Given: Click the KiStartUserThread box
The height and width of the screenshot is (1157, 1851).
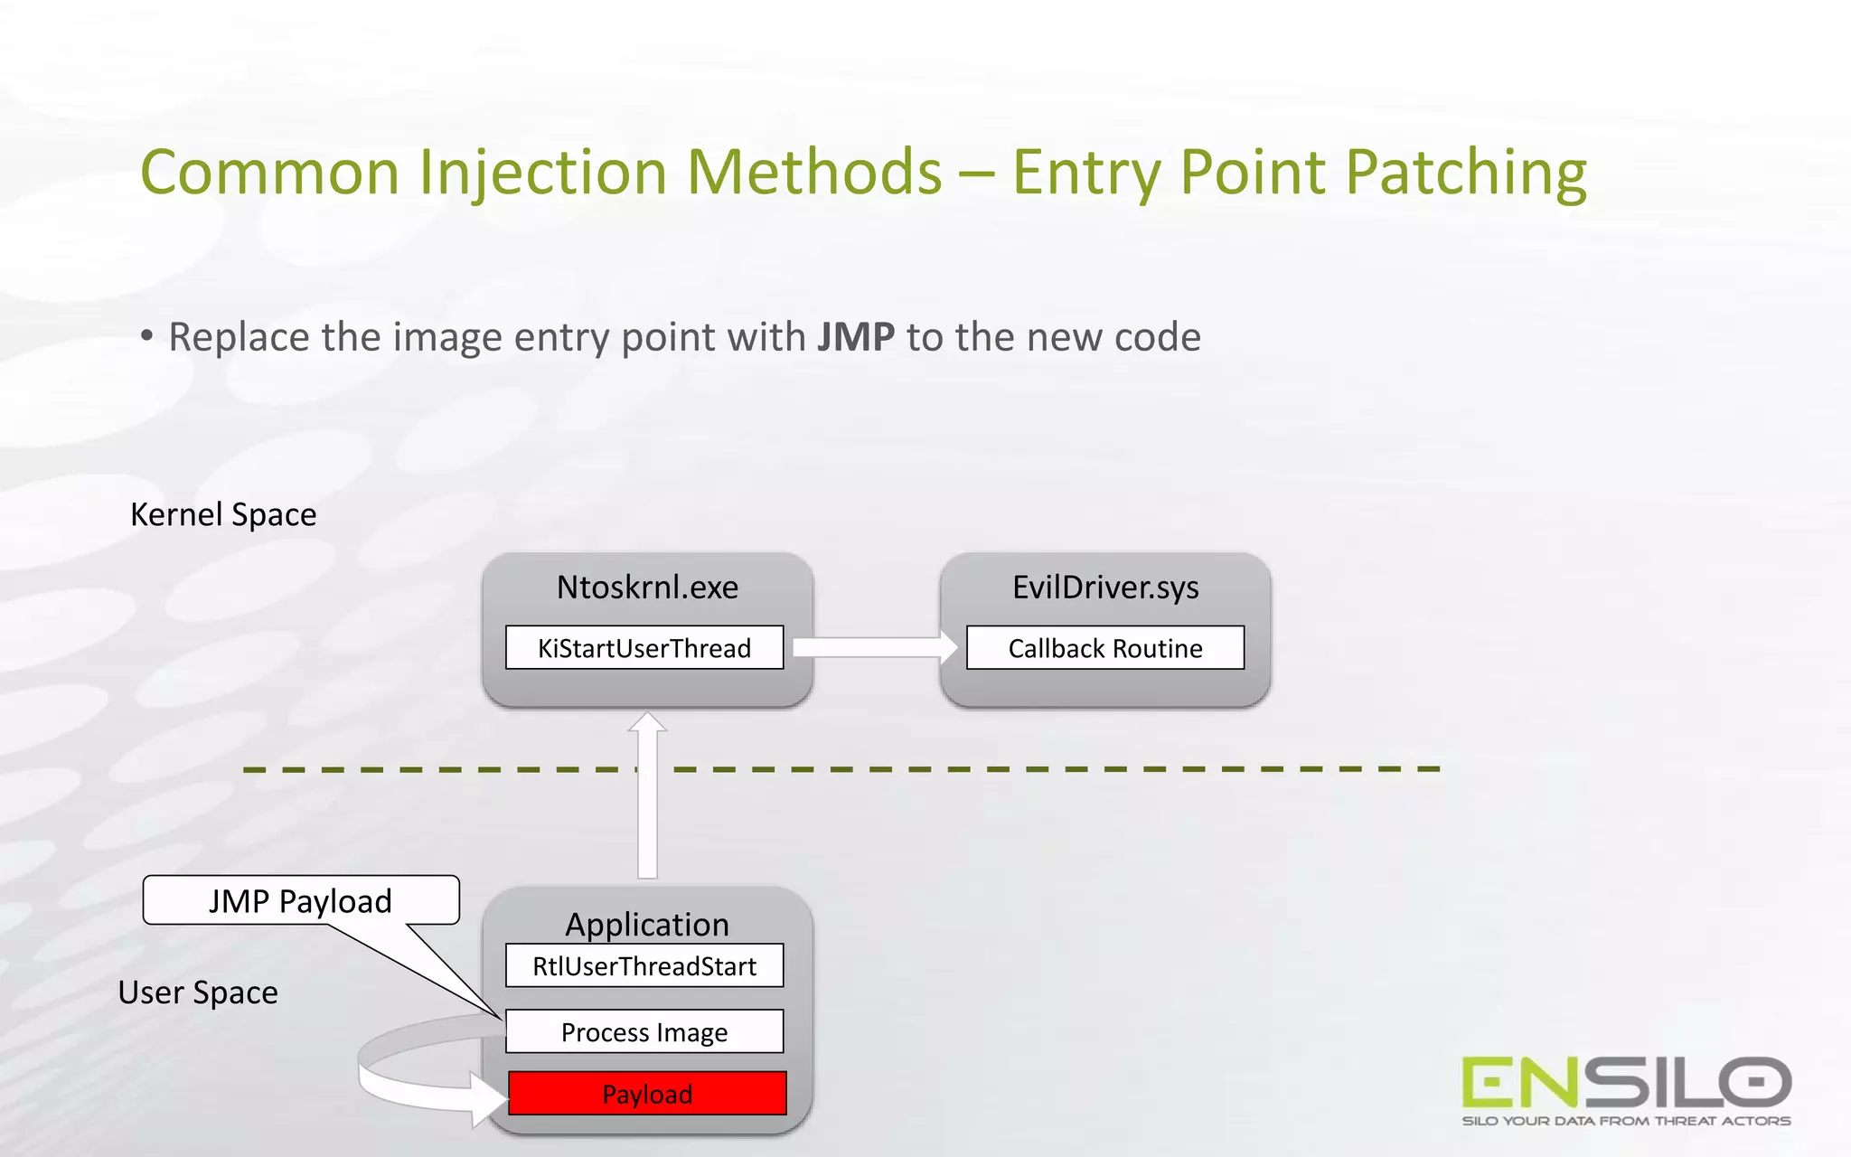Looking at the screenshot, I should (x=644, y=648).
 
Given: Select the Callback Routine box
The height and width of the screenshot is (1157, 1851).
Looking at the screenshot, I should (x=1104, y=648).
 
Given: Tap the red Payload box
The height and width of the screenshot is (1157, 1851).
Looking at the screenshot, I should (x=647, y=1094).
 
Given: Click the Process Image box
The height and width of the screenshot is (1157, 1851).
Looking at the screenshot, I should (x=644, y=1031).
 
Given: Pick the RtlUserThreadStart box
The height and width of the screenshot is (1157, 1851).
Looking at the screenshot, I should (x=644, y=966).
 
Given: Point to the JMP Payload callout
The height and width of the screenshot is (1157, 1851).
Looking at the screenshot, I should (x=300, y=901).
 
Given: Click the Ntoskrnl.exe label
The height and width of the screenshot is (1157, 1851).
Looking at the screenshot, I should (x=647, y=588).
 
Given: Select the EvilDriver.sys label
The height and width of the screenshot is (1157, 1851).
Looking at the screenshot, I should (x=1104, y=588).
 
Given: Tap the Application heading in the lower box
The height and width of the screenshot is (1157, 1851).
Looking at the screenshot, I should (x=647, y=924).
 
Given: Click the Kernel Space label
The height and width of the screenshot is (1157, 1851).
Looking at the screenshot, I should (x=223, y=514).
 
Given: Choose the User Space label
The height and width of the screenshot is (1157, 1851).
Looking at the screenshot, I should (x=198, y=992).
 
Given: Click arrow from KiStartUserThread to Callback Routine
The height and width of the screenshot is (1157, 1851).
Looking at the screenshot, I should (x=872, y=647).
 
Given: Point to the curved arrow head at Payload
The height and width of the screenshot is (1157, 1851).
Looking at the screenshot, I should (x=489, y=1099).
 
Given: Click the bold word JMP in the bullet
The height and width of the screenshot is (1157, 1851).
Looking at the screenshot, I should (x=855, y=337).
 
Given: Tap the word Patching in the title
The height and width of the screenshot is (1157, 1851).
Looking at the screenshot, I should (x=1465, y=173).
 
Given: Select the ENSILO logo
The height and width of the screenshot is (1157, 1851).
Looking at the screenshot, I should (x=1626, y=1082).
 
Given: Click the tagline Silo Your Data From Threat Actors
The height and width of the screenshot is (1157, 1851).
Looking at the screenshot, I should (x=1626, y=1121).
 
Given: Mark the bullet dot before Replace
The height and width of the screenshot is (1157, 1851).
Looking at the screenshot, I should (x=147, y=336).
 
